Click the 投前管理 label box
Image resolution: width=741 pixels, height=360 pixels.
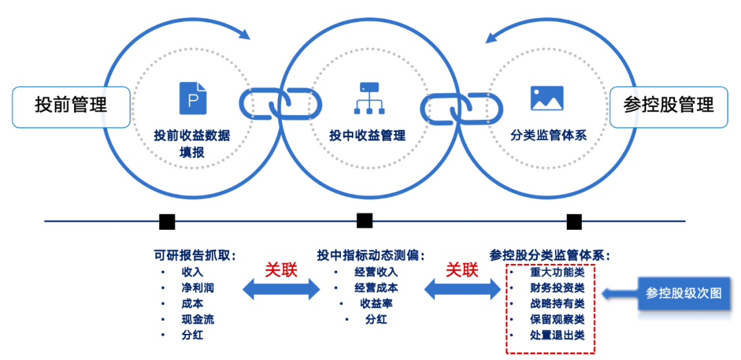pyautogui.click(x=71, y=106)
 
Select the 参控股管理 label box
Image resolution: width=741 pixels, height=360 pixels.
pyautogui.click(x=668, y=106)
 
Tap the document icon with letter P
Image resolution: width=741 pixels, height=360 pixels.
pyautogui.click(x=192, y=98)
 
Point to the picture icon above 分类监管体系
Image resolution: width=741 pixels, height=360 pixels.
pyautogui.click(x=547, y=98)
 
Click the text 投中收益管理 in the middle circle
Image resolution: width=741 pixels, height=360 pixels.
pyautogui.click(x=368, y=135)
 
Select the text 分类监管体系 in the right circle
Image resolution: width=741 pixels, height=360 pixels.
pyautogui.click(x=548, y=135)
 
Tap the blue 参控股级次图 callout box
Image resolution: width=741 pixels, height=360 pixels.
pyautogui.click(x=683, y=293)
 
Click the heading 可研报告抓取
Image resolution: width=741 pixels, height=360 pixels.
pyautogui.click(x=195, y=255)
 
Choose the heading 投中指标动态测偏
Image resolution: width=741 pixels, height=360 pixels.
pyautogui.click(x=370, y=255)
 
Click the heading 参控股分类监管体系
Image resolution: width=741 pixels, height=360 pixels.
pyautogui.click(x=550, y=255)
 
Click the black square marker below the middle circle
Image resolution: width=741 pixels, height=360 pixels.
pyautogui.click(x=364, y=221)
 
